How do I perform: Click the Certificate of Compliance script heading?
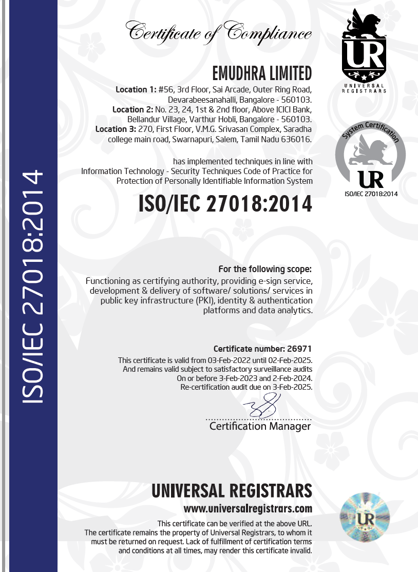click(219, 32)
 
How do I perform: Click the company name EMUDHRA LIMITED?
click(261, 73)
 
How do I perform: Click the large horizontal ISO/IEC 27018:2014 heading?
click(225, 204)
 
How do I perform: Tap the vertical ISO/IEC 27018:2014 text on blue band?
click(29, 286)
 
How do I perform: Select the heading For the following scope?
click(265, 269)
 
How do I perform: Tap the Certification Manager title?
click(260, 426)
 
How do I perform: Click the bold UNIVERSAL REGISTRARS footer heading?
click(232, 491)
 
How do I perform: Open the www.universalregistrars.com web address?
click(248, 509)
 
